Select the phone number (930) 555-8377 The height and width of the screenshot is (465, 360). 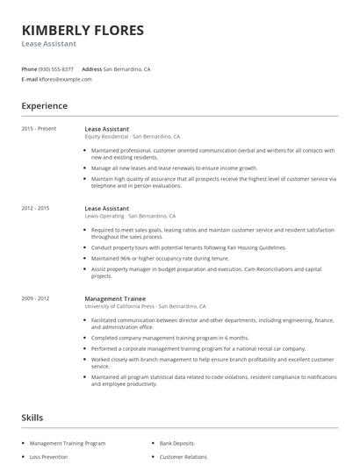click(56, 68)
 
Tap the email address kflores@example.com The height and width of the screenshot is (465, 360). click(66, 79)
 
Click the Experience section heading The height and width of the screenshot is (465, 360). click(45, 106)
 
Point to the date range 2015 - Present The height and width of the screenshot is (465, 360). click(40, 129)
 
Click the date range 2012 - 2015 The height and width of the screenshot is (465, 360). click(35, 208)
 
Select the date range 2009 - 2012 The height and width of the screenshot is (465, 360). click(35, 299)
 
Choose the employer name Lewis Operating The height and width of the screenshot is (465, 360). click(104, 216)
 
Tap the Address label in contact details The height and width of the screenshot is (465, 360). click(91, 68)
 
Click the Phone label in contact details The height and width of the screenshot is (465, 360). click(29, 68)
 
